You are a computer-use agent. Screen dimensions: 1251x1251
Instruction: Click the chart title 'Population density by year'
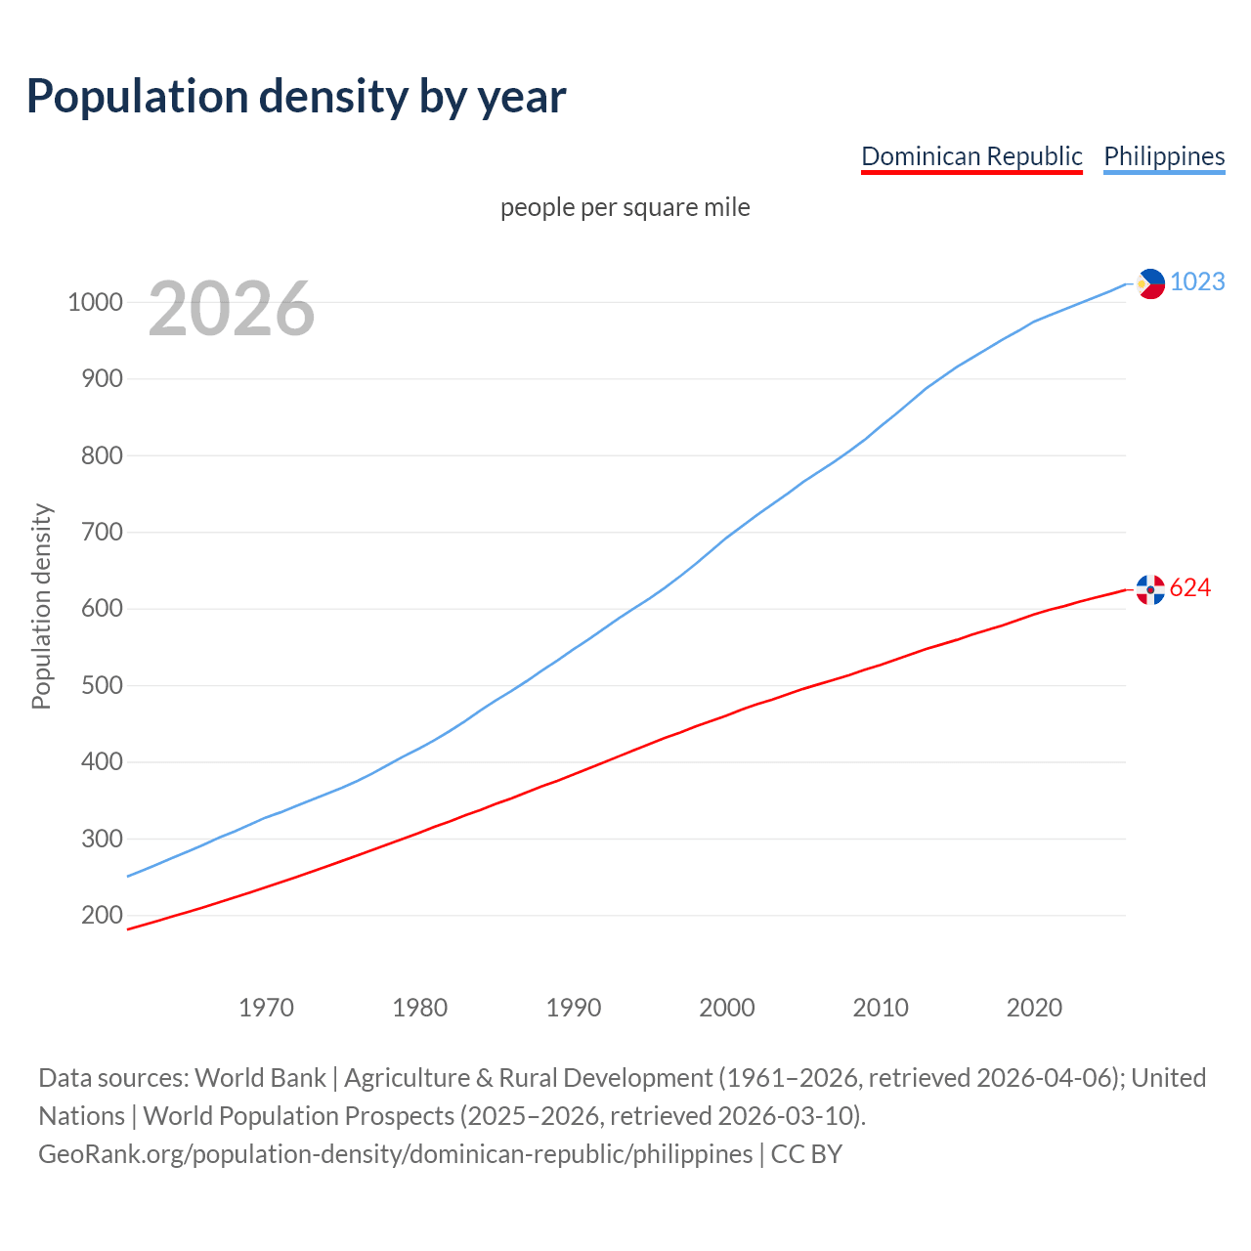[x=296, y=96]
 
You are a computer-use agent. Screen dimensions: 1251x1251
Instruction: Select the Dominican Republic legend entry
[x=971, y=156]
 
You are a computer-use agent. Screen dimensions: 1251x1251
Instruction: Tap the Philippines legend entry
[x=1164, y=156]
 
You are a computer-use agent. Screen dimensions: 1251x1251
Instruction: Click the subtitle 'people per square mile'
[x=625, y=207]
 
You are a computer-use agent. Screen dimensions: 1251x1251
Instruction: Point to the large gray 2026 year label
[x=232, y=309]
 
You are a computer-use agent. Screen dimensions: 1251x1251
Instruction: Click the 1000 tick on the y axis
[x=95, y=302]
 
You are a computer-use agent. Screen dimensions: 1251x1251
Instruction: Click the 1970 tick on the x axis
[x=266, y=1008]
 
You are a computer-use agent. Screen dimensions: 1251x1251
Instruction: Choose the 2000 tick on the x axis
[x=727, y=1008]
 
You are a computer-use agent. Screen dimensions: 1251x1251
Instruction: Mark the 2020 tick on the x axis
[x=1034, y=1008]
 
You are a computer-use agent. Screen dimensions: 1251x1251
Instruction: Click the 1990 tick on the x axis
[x=574, y=1008]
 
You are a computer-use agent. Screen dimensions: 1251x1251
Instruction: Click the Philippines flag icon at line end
[x=1150, y=283]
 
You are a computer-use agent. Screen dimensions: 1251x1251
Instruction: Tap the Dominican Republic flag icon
[x=1150, y=589]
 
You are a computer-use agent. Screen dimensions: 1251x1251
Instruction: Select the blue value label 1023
[x=1197, y=281]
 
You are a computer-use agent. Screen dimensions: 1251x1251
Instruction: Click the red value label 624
[x=1190, y=587]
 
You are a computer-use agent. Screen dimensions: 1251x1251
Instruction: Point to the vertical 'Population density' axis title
[x=41, y=606]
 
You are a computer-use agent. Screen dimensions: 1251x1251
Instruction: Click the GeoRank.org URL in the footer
[x=396, y=1154]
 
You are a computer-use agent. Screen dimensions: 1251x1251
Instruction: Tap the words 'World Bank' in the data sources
[x=260, y=1078]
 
